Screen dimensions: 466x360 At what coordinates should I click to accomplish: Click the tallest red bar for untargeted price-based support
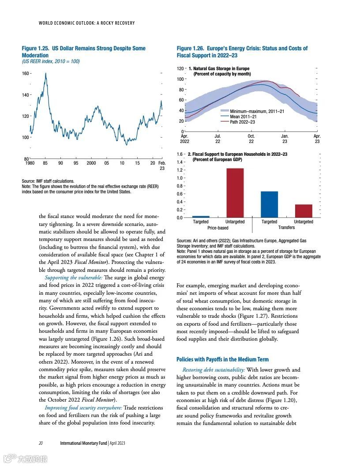[235, 193]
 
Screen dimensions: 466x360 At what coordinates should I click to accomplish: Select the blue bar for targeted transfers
[269, 204]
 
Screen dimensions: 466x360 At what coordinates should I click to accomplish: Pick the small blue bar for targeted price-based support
[201, 216]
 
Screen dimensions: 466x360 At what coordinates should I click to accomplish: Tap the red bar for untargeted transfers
[303, 211]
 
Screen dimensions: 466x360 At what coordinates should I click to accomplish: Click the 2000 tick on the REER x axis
[91, 163]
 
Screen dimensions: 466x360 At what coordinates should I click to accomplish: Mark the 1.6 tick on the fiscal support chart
[180, 154]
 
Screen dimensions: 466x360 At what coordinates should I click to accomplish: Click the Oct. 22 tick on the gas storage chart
[251, 139]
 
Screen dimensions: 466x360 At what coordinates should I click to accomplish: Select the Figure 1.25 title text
[83, 52]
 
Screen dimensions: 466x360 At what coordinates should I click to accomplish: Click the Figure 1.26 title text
[242, 52]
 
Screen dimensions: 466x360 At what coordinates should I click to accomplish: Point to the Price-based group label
[218, 228]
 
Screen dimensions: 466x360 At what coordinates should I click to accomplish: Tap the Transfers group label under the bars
[286, 228]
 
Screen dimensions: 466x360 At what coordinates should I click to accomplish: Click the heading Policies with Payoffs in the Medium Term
[222, 359]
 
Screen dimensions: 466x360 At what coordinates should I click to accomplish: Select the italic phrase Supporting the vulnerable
[73, 277]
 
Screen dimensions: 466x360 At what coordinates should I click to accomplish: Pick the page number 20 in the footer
[40, 443]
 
